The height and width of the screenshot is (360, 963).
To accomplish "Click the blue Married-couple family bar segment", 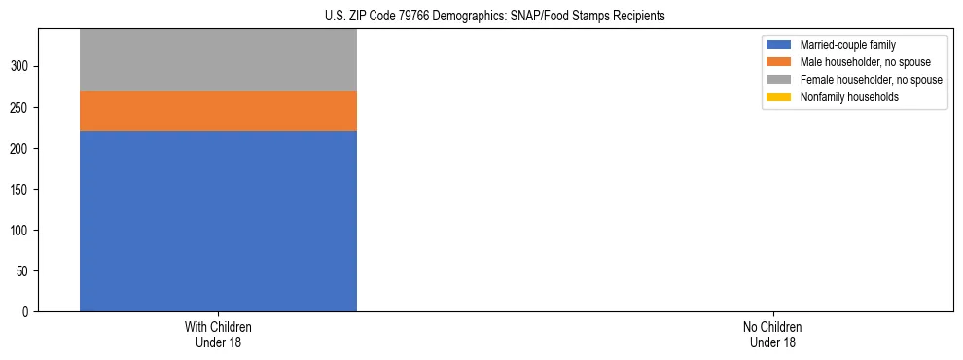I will pos(218,221).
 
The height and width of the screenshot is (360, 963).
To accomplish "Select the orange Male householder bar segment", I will pos(218,111).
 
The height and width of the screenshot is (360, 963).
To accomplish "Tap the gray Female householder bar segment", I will pos(218,60).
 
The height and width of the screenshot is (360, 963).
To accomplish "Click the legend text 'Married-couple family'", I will pos(847,45).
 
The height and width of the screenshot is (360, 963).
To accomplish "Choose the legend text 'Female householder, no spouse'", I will pos(871,80).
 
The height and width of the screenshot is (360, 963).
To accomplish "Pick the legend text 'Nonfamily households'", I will pos(849,97).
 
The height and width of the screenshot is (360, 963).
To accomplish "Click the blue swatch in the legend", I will pos(779,45).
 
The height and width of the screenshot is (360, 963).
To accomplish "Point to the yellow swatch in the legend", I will pos(779,97).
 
